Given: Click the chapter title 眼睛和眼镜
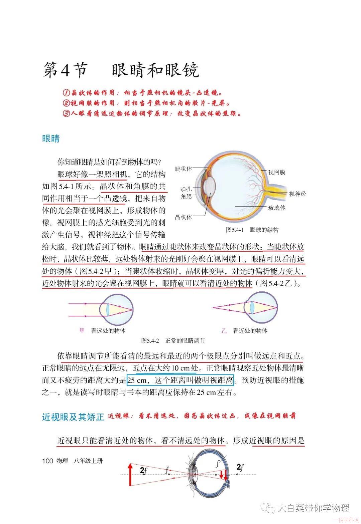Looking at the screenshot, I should pyautogui.click(x=155, y=70).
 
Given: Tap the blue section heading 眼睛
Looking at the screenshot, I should pyautogui.click(x=51, y=139).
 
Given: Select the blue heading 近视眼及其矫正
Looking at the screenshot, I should pyautogui.click(x=73, y=417).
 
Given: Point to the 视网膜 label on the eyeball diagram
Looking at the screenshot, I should pyautogui.click(x=277, y=172).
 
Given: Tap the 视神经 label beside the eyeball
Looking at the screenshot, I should pyautogui.click(x=297, y=194).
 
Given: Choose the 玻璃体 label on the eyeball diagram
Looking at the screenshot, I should pyautogui.click(x=277, y=208).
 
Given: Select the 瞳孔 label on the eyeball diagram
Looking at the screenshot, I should pyautogui.click(x=186, y=189).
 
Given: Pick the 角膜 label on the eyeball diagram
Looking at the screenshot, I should pyautogui.click(x=186, y=197).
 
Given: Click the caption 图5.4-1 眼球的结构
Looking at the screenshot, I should pyautogui.click(x=252, y=230).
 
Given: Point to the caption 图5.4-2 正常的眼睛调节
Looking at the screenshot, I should pyautogui.click(x=173, y=340).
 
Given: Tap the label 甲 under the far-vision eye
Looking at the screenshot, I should pyautogui.click(x=82, y=331).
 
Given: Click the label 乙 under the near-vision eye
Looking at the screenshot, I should pyautogui.click(x=224, y=331).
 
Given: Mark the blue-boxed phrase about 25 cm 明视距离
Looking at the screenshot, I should pyautogui.click(x=180, y=380).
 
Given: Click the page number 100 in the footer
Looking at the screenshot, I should pyautogui.click(x=48, y=461).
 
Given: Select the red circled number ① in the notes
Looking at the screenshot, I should pyautogui.click(x=66, y=93).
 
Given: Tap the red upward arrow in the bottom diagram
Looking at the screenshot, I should pyautogui.click(x=130, y=474).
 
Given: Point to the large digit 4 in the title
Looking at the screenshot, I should pyautogui.click(x=65, y=70).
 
